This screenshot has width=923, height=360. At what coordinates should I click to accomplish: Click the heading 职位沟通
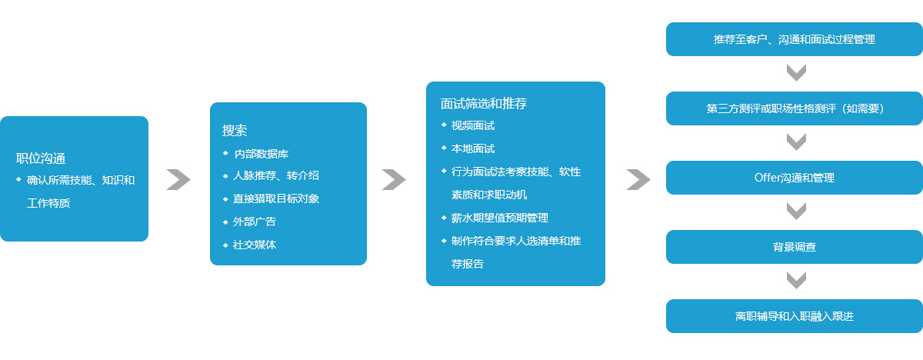point(41,158)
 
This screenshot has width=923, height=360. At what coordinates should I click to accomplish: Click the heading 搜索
point(235,131)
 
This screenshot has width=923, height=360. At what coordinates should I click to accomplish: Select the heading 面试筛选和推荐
point(483,103)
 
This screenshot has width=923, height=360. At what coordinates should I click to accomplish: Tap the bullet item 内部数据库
point(262,154)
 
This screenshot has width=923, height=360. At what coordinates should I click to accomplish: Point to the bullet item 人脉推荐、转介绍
point(275,175)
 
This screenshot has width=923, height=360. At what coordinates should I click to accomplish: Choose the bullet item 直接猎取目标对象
point(275,198)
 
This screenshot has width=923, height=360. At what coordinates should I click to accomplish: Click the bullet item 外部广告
point(255,222)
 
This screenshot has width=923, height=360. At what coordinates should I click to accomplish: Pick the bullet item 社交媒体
point(255,245)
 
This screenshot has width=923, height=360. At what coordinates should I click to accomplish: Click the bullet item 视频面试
point(472,125)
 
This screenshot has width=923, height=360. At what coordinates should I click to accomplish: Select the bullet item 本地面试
point(472,148)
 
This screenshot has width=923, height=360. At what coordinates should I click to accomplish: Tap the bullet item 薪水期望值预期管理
point(499,218)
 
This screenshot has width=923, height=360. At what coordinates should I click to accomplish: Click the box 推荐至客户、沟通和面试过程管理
point(794,39)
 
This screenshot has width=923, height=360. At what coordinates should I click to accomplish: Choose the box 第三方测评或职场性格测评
point(794,108)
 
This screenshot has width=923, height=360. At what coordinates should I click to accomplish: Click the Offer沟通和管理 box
point(794,178)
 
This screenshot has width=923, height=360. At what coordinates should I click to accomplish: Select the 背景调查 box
point(794,247)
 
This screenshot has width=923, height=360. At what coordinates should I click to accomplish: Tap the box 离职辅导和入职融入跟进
point(794,316)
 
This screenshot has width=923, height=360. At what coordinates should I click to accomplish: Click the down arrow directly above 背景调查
point(796,212)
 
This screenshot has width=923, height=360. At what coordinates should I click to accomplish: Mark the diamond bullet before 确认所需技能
point(18,179)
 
